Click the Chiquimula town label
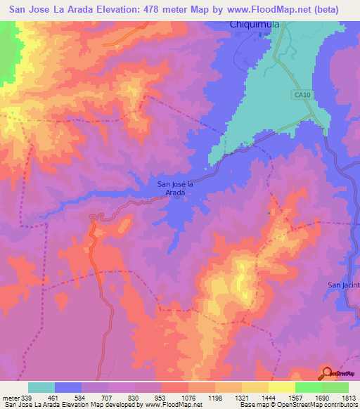[x=255, y=25]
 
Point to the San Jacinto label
[x=345, y=285]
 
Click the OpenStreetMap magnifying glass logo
[x=327, y=372]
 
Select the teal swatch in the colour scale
[x=41, y=387]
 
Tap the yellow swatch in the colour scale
[x=282, y=387]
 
